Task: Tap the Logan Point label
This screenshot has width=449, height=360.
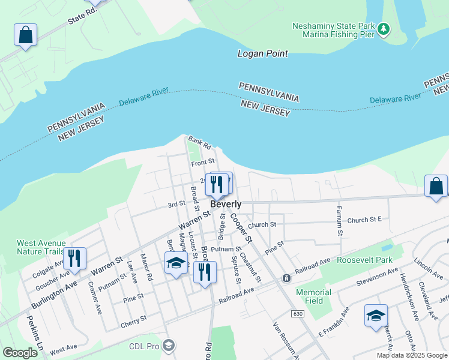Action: pos(262,53)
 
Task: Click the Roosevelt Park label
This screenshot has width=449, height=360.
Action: pos(364,260)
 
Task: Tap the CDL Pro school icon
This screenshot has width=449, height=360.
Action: pos(169,345)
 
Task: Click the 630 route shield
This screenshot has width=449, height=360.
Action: pos(298,314)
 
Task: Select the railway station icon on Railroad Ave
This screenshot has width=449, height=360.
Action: pos(287,278)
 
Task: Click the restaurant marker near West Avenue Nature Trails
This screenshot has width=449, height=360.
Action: pos(74,258)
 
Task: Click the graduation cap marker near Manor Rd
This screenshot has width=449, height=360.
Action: pos(176,263)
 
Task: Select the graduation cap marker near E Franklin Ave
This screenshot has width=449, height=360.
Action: pos(376,316)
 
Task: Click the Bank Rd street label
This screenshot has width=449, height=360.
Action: pos(199,143)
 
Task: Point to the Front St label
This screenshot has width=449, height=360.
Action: pos(203,163)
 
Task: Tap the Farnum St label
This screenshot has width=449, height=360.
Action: pos(340,220)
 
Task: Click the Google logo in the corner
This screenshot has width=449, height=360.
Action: pos(20,353)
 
